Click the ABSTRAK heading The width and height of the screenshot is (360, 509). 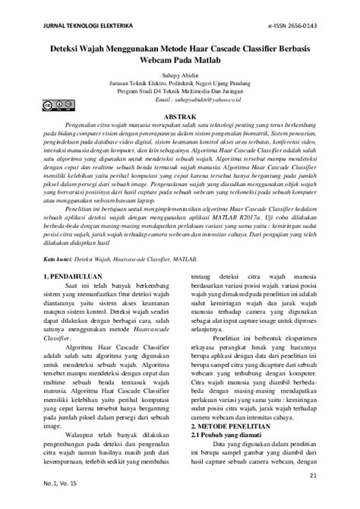pos(180,118)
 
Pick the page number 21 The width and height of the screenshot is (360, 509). pos(314,476)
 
